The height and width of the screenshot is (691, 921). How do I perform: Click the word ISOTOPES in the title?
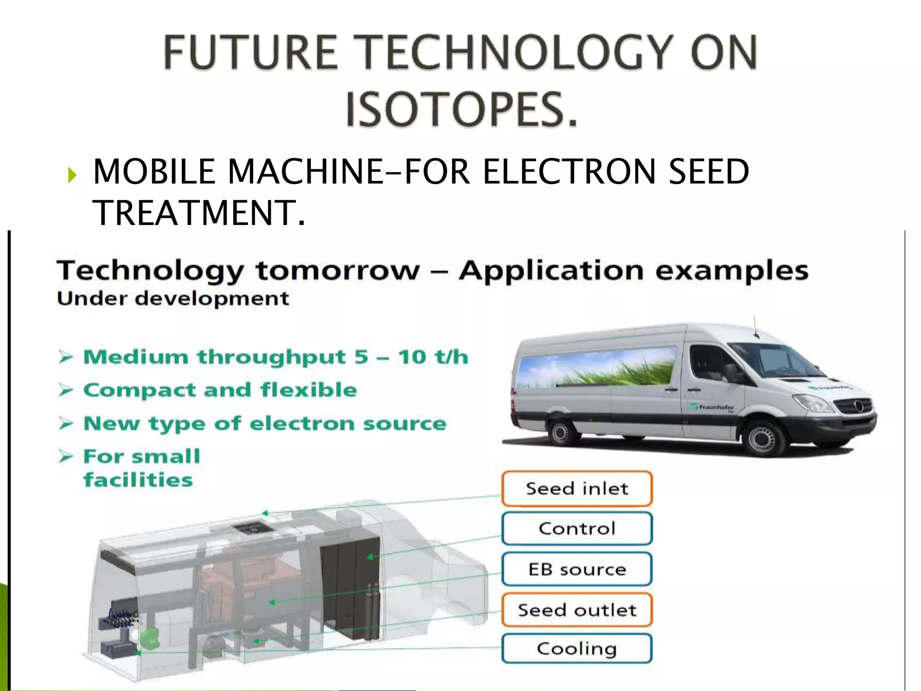click(461, 109)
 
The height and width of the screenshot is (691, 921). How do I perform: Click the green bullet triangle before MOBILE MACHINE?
click(72, 175)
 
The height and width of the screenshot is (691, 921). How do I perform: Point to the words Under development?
click(173, 299)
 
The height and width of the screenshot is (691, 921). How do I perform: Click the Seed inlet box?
click(577, 489)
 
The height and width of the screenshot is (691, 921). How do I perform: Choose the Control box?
click(577, 529)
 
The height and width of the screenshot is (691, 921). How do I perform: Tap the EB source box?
click(577, 570)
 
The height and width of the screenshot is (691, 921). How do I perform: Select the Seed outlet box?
click(577, 610)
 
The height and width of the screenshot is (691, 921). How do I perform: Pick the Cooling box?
click(577, 649)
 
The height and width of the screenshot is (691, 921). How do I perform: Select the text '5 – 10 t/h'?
click(411, 357)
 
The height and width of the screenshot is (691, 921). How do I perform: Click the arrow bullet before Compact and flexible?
click(66, 390)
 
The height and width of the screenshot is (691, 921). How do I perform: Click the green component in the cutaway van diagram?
click(150, 638)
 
